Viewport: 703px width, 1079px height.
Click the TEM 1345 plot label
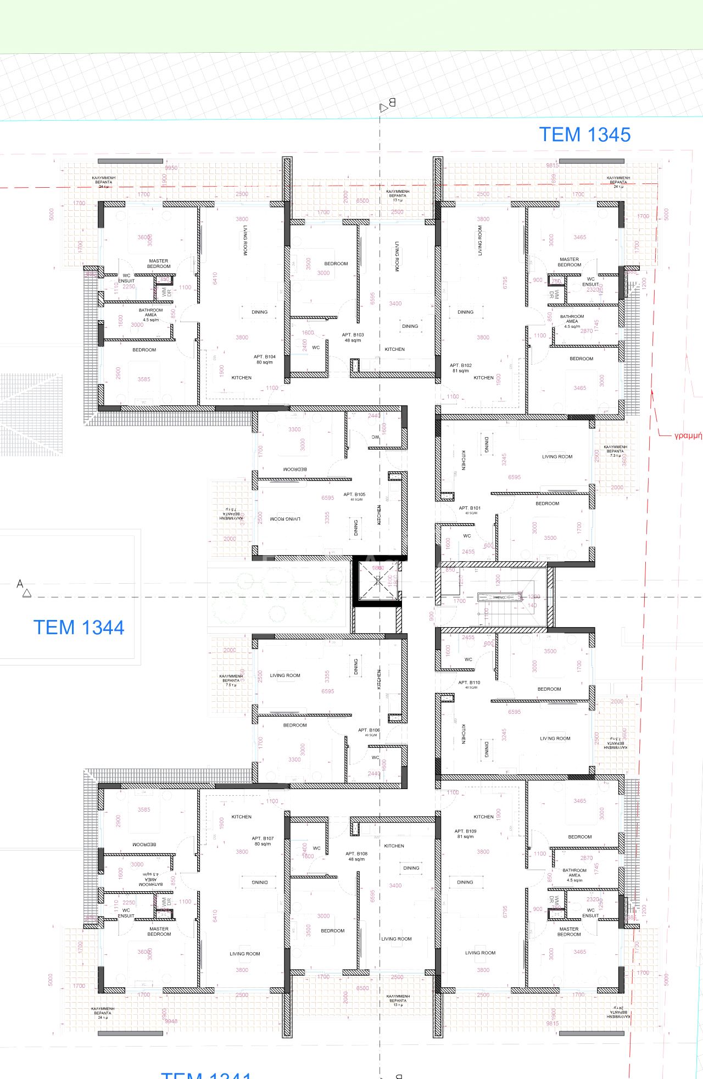(584, 135)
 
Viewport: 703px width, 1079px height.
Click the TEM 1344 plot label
(79, 627)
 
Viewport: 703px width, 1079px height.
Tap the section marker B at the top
(387, 104)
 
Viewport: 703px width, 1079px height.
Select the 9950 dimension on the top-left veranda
(171, 167)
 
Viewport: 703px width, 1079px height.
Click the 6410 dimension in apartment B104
(215, 278)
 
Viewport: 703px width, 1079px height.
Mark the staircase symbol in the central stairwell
(499, 597)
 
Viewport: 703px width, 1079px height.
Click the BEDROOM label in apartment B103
(336, 264)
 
